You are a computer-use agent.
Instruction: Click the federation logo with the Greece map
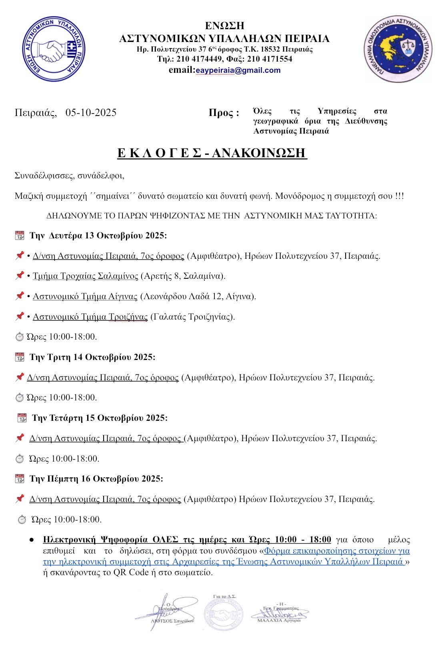(398, 49)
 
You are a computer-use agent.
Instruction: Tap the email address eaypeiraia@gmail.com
(238, 70)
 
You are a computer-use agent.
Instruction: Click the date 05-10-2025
(91, 112)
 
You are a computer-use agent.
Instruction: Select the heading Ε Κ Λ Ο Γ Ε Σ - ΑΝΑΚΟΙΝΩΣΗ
(212, 153)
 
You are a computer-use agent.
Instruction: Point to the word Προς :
(224, 113)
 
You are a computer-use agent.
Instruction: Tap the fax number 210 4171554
(270, 59)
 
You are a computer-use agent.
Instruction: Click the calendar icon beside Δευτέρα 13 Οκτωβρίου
(19, 235)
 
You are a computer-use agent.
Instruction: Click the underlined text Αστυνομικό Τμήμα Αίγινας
(85, 296)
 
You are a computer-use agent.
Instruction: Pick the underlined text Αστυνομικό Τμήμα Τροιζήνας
(90, 317)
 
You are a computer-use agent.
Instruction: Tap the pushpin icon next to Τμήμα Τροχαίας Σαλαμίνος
(19, 276)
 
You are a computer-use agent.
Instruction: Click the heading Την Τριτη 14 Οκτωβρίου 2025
(92, 357)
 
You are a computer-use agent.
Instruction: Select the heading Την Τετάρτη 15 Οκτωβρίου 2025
(100, 418)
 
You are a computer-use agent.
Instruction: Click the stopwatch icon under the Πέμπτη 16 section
(22, 520)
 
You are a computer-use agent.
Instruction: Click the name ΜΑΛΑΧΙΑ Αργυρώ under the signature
(278, 620)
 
